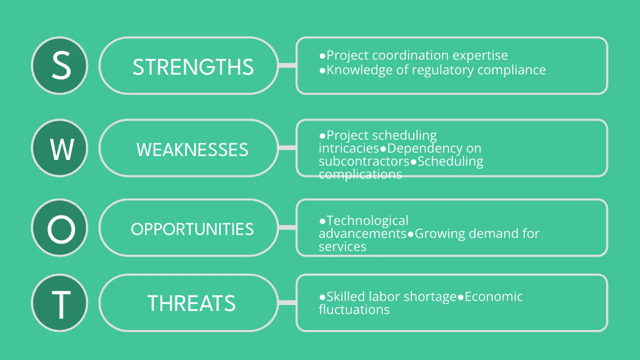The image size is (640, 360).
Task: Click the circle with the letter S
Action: [60, 66]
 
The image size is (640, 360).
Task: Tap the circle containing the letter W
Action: [60, 148]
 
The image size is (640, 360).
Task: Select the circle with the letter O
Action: [60, 229]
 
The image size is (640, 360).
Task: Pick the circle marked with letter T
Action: [60, 303]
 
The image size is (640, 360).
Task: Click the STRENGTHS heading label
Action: [193, 67]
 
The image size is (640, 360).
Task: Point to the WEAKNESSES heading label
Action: [193, 149]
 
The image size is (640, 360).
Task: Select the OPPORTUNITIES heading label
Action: [192, 229]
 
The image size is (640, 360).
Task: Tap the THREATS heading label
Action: [191, 303]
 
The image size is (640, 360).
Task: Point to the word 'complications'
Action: [360, 174]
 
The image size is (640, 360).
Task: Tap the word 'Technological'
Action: [367, 220]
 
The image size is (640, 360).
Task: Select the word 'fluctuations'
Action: [354, 310]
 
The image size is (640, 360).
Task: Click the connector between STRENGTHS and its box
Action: [287, 66]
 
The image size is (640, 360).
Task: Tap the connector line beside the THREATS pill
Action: [287, 303]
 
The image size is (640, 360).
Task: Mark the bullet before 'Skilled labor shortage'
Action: [322, 297]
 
